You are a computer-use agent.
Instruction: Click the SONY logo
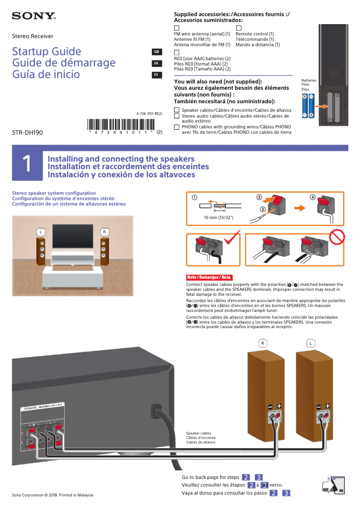click(34, 17)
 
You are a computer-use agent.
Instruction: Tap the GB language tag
click(156, 52)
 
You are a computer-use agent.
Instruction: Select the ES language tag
click(156, 75)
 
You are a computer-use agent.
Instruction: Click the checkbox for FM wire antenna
click(176, 28)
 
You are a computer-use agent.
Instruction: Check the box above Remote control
click(238, 28)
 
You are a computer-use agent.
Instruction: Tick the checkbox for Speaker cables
click(176, 110)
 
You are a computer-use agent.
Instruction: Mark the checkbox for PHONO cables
click(176, 127)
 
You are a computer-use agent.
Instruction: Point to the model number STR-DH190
click(27, 132)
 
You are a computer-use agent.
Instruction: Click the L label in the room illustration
click(41, 232)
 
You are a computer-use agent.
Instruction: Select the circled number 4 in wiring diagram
click(313, 197)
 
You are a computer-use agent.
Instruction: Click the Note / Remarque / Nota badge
click(209, 277)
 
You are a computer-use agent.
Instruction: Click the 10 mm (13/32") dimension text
click(219, 217)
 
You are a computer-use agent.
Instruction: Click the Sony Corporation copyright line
click(53, 495)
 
